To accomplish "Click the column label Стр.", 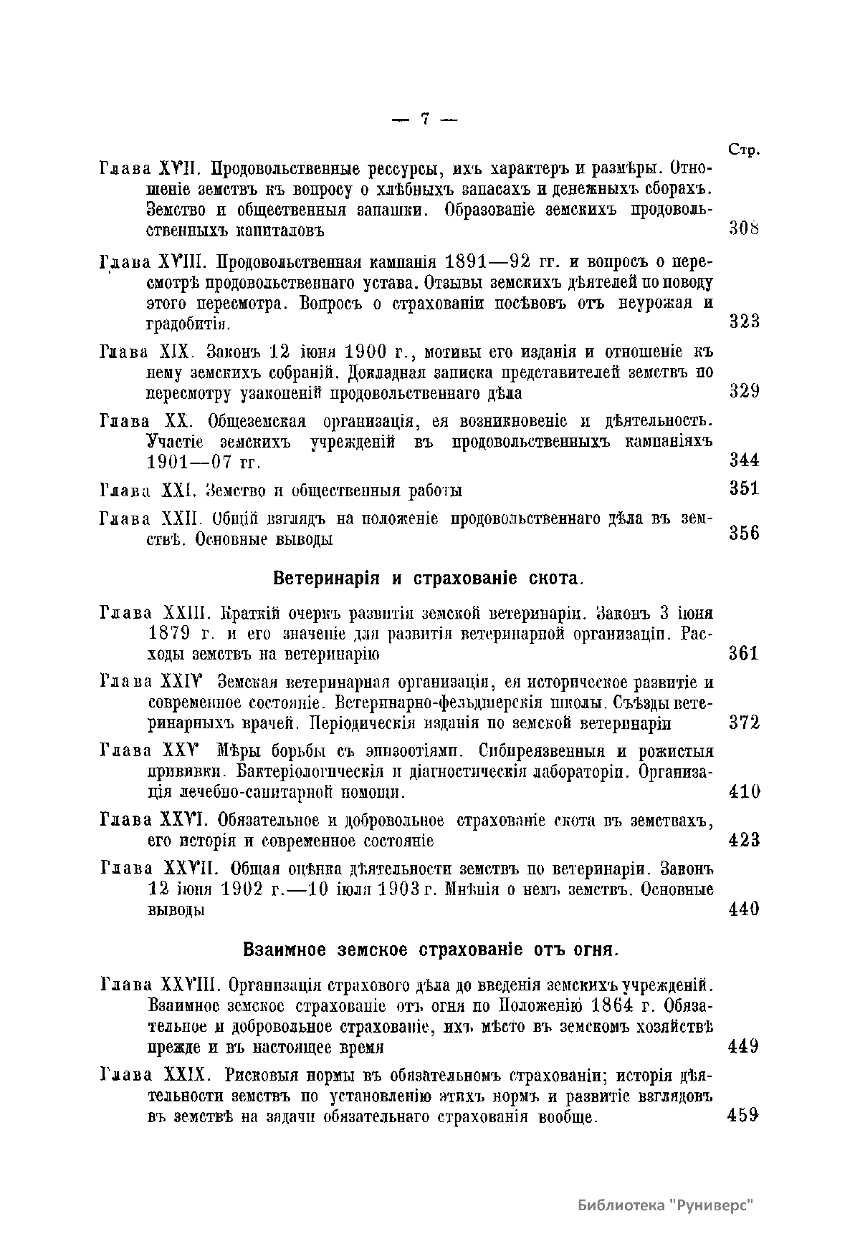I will click(x=744, y=150).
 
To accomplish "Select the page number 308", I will click(x=744, y=229).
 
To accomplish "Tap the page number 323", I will click(x=744, y=321).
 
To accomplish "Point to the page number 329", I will click(x=744, y=391).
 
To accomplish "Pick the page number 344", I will click(x=744, y=460).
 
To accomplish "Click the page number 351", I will click(x=744, y=488).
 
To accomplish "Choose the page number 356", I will click(x=744, y=533).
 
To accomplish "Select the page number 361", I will click(x=744, y=653).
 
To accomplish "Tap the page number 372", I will click(x=744, y=723).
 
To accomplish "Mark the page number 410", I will click(x=744, y=791).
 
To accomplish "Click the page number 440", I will click(x=744, y=909).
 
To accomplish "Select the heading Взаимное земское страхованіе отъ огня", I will click(x=430, y=950).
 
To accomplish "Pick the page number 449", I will click(x=744, y=1047).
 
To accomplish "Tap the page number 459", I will click(x=744, y=1115).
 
